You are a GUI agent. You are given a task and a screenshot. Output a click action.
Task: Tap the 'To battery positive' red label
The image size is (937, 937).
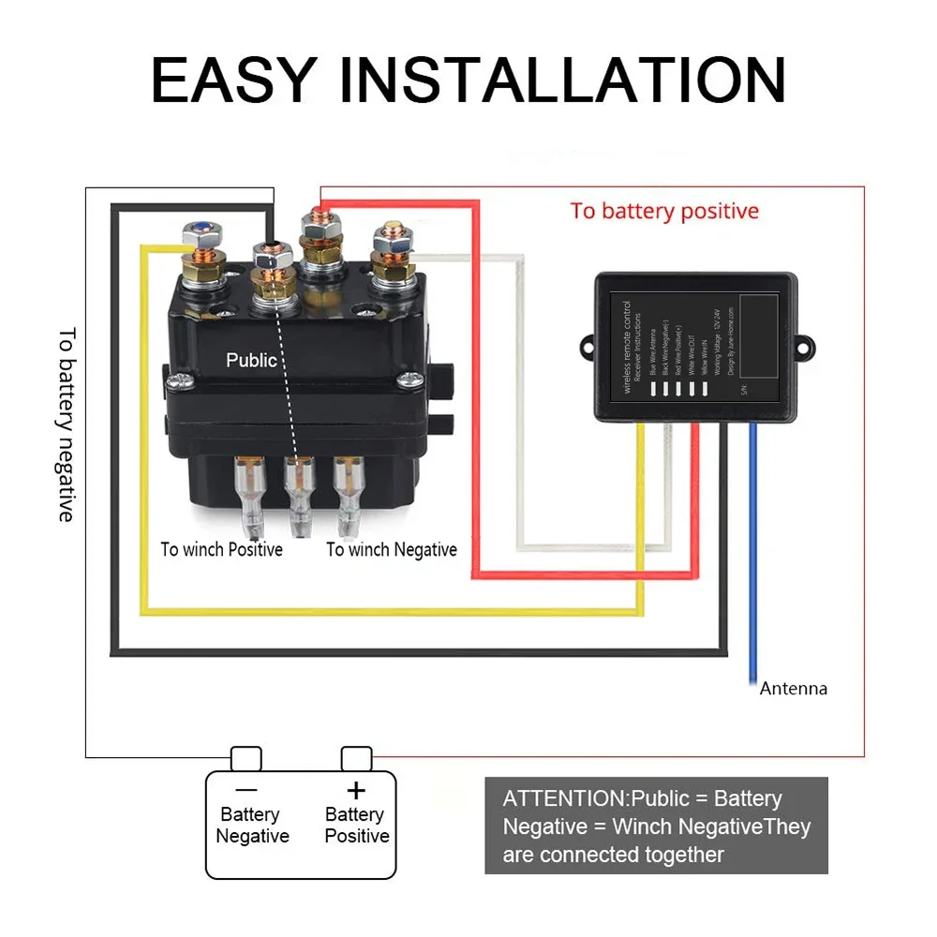[x=664, y=211]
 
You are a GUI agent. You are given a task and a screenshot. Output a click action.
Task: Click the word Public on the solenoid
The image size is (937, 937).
[x=251, y=360]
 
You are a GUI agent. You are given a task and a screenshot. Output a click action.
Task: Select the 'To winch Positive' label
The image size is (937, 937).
[x=221, y=550]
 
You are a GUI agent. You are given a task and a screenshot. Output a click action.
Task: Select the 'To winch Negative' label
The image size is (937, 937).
[x=392, y=550]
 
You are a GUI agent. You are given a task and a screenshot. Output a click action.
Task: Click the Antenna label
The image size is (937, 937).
[x=793, y=689]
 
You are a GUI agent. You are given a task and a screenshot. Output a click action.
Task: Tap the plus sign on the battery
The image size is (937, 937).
[x=355, y=789]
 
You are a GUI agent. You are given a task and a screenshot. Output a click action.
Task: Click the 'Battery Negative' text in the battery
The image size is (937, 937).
[x=252, y=825]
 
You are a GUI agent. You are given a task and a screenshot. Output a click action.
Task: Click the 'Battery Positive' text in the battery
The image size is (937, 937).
[x=356, y=825]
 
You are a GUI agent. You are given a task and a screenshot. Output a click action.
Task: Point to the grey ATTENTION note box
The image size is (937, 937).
[x=656, y=825]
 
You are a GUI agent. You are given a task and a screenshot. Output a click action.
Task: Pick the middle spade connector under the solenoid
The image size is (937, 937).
[x=300, y=492]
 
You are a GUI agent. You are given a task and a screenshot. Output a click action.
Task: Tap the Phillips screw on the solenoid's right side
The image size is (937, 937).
[x=409, y=379]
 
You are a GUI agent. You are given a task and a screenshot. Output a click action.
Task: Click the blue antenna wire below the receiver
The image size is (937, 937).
[x=752, y=562]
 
